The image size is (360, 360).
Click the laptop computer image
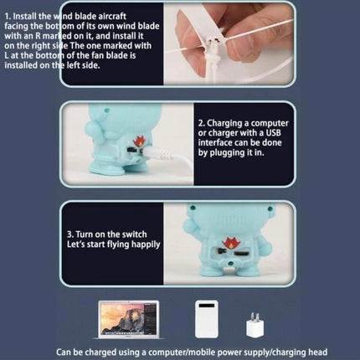[128, 320]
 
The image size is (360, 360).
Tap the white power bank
[207, 319]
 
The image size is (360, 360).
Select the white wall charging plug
[255, 325]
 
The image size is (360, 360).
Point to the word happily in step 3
[146, 244]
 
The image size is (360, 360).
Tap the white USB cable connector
[157, 153]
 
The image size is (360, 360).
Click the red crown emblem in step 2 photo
[138, 141]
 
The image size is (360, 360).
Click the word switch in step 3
[133, 234]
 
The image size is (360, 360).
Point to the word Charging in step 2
[227, 123]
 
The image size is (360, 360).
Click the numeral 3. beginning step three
[70, 234]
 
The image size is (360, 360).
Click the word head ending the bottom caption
[317, 352]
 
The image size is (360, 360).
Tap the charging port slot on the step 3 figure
[240, 255]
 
